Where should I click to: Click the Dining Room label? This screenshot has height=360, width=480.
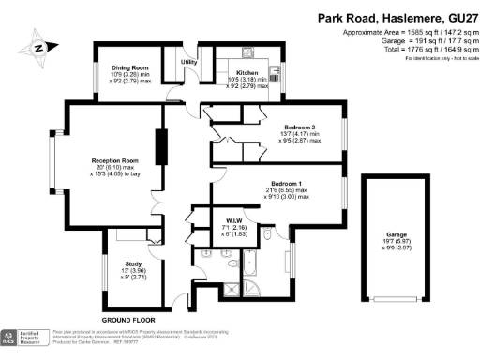[129, 67]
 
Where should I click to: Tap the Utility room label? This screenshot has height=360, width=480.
[187, 61]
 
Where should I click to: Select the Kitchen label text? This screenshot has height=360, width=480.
[247, 72]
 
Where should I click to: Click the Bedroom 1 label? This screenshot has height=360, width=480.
[286, 183]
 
